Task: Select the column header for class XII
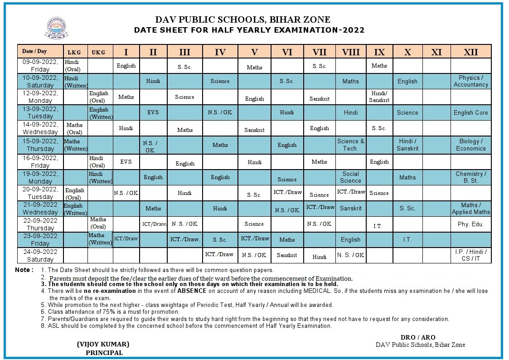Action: (471, 52)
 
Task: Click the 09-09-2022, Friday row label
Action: (40, 66)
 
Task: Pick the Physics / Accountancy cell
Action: (471, 81)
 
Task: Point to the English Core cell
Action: (471, 112)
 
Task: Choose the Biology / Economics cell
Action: (471, 145)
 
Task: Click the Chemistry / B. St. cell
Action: (471, 177)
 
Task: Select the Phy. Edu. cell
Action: (471, 224)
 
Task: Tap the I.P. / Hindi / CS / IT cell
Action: (471, 255)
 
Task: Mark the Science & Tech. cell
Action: (350, 145)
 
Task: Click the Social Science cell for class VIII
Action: (350, 177)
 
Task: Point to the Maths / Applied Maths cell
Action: (471, 209)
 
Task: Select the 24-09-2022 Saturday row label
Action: (40, 255)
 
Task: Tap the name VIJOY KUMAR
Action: (103, 344)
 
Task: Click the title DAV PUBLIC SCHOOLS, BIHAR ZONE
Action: (243, 19)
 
